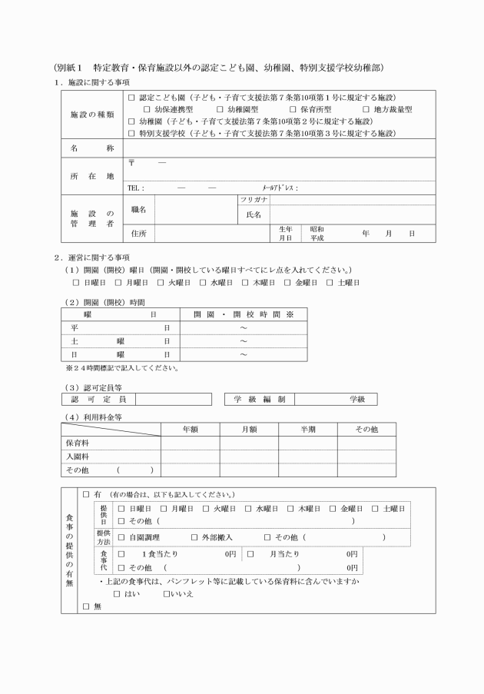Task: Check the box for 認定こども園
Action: pos(131,98)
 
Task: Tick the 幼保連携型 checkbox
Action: pos(146,109)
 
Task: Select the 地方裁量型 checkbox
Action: pos(366,109)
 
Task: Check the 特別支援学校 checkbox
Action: pos(131,132)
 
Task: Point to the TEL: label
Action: pos(136,188)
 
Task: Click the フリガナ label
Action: pos(253,200)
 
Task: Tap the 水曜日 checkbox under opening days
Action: pos(204,283)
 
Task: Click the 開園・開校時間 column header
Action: pos(243,314)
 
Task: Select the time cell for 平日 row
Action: pos(243,327)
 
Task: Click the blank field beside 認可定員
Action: pos(174,399)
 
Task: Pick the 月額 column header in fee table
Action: pos(249,429)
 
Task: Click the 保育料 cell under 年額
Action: pos(190,443)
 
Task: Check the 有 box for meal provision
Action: pos(86,493)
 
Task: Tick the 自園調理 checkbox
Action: pos(121,536)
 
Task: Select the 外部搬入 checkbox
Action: pos(194,536)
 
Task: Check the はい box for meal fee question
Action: pos(117,593)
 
